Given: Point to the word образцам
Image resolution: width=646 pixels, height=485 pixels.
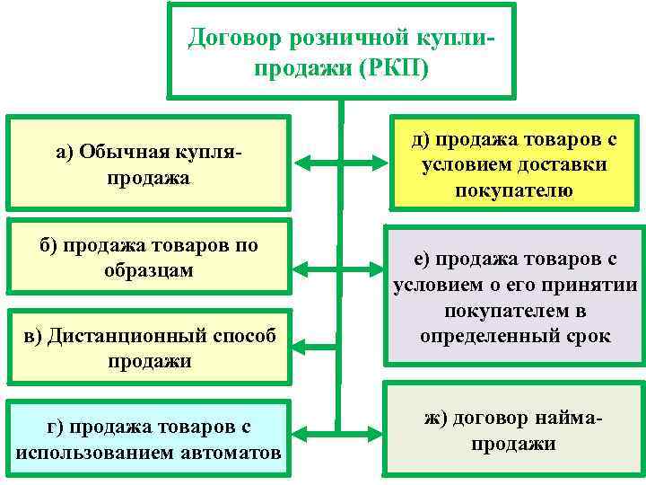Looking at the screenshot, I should (x=148, y=269).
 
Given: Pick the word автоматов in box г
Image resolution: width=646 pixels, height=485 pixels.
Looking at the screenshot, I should (x=236, y=451).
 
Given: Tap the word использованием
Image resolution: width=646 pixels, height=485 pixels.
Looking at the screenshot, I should (x=102, y=451).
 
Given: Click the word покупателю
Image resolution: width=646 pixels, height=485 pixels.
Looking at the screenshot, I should (x=514, y=190).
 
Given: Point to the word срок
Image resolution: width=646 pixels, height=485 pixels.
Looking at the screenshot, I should (x=589, y=336).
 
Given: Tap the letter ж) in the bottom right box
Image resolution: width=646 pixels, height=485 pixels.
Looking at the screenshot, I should (x=436, y=419).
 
